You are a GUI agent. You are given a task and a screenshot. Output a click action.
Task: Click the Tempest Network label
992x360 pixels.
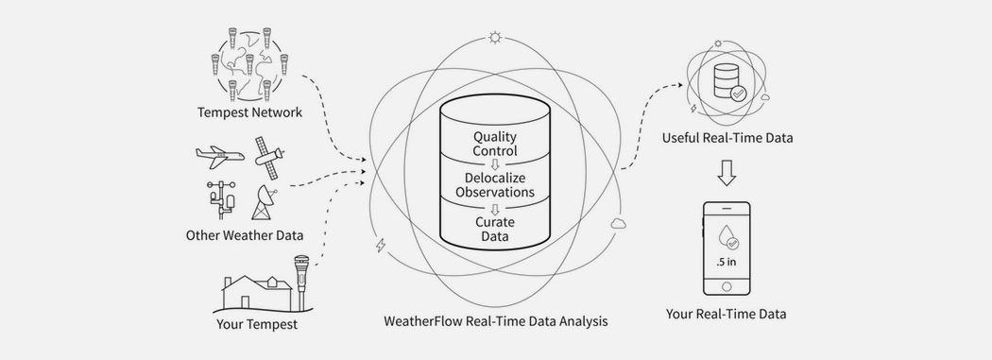[x=249, y=112]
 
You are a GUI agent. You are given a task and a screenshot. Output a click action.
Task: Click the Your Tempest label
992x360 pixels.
[x=257, y=325]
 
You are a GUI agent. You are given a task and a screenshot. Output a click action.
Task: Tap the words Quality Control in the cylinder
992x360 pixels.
[x=496, y=143]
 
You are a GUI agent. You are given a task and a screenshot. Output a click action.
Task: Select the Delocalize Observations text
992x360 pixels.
[x=494, y=184]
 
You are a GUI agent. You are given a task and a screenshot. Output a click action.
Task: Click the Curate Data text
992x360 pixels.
[x=495, y=228]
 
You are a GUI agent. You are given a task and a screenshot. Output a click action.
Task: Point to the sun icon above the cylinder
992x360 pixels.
[x=495, y=39]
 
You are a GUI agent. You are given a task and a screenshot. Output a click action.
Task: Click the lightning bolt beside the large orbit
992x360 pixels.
[x=379, y=247]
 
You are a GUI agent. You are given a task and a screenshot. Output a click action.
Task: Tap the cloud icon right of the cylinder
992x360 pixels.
[x=620, y=223]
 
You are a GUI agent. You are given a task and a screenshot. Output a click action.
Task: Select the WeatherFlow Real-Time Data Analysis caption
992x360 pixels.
[x=495, y=321]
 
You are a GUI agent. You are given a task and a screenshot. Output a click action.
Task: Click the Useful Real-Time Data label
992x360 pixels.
[x=727, y=138]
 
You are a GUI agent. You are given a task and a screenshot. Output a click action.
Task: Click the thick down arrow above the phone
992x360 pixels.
[x=726, y=173]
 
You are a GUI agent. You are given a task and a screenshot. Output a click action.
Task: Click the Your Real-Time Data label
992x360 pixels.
[x=726, y=314]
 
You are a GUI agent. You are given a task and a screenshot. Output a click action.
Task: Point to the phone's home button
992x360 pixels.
[x=726, y=285]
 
